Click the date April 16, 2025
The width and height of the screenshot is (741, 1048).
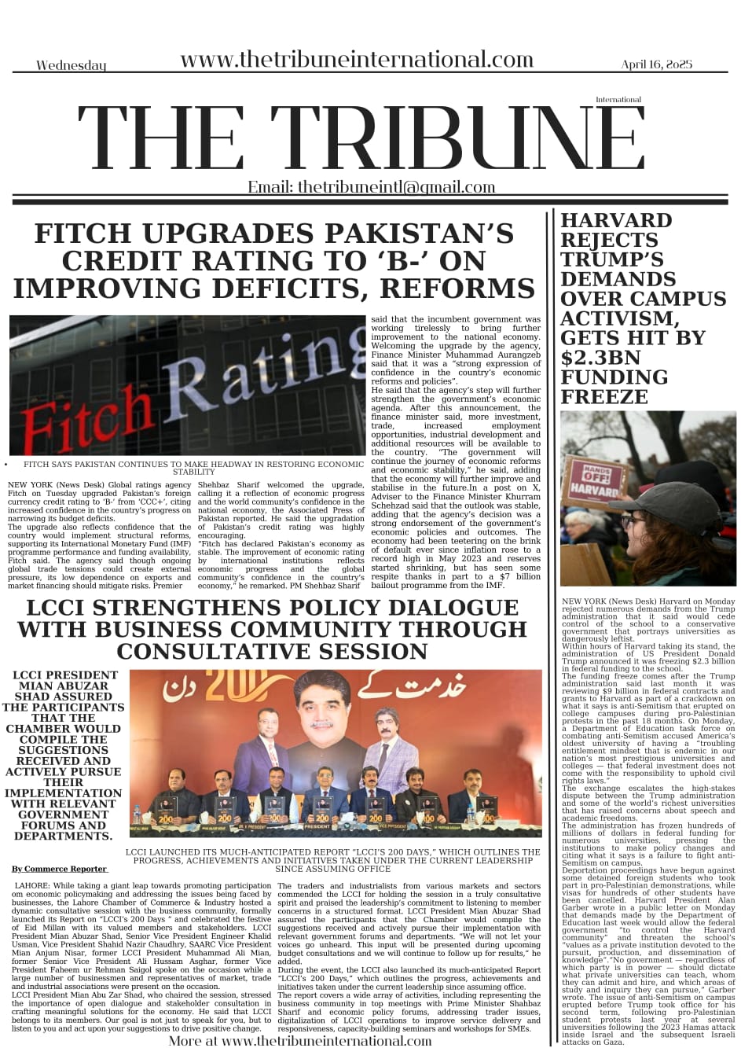[x=656, y=64]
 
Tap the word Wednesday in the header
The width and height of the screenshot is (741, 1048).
[x=71, y=65]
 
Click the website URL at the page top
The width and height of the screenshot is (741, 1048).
[x=357, y=60]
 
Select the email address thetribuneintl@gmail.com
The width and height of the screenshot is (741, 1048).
[x=371, y=187]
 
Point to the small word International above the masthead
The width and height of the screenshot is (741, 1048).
[x=618, y=100]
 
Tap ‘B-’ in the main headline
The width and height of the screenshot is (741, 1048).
[x=394, y=261]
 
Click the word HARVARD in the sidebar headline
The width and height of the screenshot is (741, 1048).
[x=616, y=220]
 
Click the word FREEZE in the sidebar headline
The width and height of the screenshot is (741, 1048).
[x=605, y=396]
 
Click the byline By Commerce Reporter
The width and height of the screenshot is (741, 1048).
[x=59, y=869]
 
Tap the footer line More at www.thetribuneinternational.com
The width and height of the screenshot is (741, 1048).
[x=299, y=1041]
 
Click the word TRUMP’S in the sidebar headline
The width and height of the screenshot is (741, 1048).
[x=611, y=259]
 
